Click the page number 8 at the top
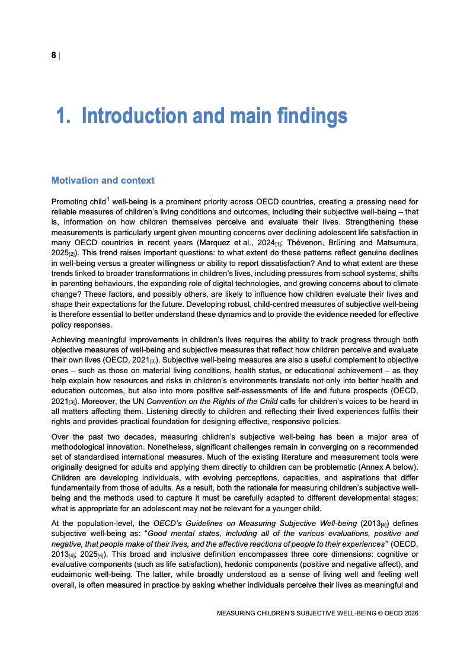pyautogui.click(x=53, y=55)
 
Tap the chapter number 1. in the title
pyautogui.click(x=63, y=116)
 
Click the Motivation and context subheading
pyautogui.click(x=103, y=180)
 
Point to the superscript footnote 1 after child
pyautogui.click(x=108, y=199)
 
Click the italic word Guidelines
pyautogui.click(x=199, y=524)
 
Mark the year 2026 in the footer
pyautogui.click(x=409, y=614)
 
